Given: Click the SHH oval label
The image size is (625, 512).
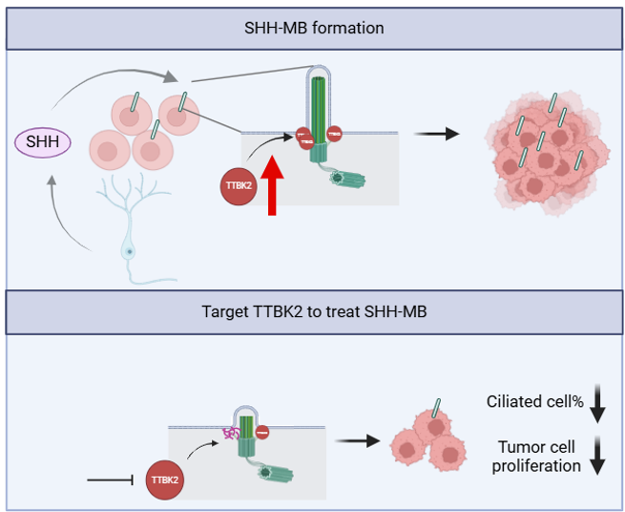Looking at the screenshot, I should [x=42, y=143].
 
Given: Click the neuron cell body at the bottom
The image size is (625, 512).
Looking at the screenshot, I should [x=127, y=250].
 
